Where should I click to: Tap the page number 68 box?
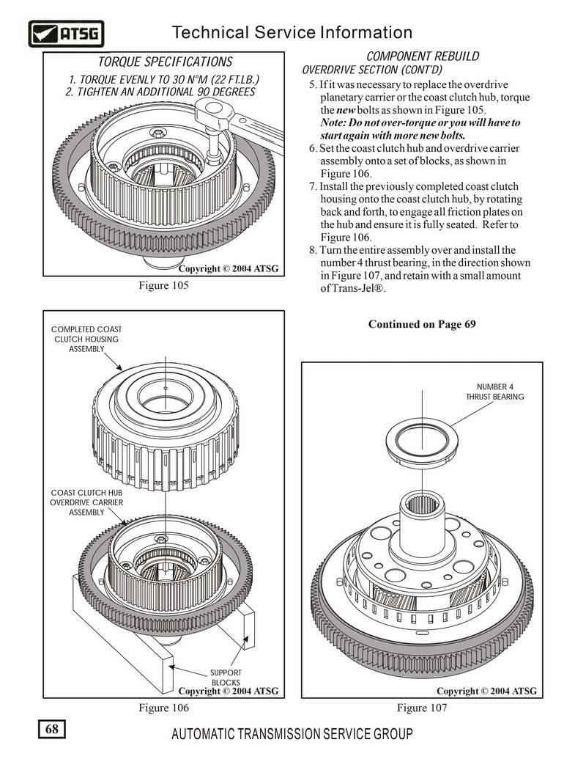tap(52, 730)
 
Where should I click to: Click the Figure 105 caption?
tap(164, 285)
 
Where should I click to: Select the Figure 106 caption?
tap(164, 708)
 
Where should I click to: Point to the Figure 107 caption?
tap(422, 708)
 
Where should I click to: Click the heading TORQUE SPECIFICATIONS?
tap(165, 62)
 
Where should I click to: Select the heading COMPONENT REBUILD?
tap(423, 56)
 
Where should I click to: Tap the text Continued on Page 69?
tap(422, 324)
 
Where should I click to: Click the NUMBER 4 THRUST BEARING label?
tap(495, 392)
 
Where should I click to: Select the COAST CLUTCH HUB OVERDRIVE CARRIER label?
tap(86, 502)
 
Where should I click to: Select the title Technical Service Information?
tap(292, 32)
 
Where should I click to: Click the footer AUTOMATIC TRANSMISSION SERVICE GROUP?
tap(292, 734)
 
